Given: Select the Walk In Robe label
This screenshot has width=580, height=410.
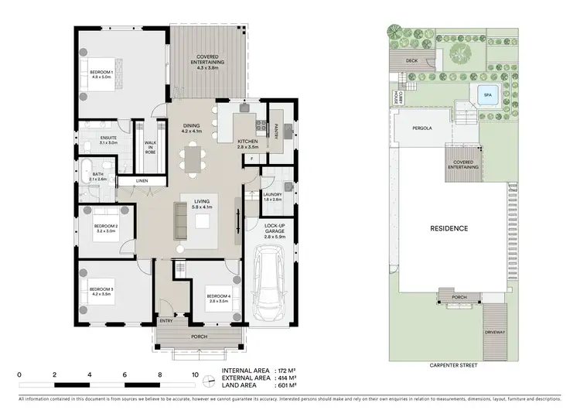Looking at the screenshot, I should [x=150, y=147].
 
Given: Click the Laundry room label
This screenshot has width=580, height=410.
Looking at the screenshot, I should [x=271, y=196].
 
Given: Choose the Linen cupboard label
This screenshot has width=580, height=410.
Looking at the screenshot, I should [x=142, y=181].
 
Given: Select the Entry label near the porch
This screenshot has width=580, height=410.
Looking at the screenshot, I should [x=165, y=320].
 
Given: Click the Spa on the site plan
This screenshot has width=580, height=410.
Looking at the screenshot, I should [x=486, y=97].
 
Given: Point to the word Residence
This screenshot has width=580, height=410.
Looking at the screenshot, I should [x=449, y=228].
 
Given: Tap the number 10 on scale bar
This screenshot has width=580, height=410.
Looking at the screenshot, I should [x=193, y=374].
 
